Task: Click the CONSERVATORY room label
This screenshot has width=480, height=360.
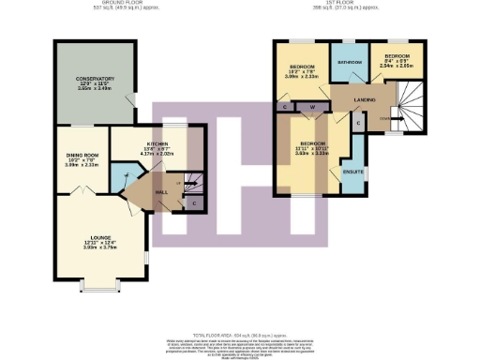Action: [x=96, y=79]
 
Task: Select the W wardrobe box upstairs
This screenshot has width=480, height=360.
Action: [x=310, y=107]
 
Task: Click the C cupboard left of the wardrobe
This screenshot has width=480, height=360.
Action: [x=284, y=108]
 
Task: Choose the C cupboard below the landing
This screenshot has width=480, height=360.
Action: [x=358, y=123]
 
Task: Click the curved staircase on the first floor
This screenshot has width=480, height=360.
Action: [x=407, y=105]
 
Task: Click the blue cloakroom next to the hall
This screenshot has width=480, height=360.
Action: [x=120, y=175]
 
